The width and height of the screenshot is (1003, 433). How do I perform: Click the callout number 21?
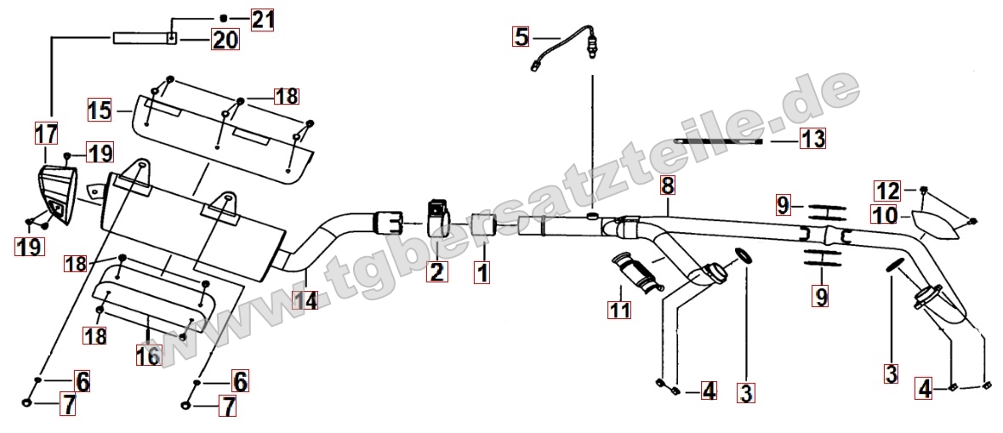tap(262, 20)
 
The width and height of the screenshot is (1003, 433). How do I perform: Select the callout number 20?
tap(225, 40)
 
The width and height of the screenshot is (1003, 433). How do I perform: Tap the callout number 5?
tap(522, 37)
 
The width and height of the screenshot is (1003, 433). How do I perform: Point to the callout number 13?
tap(812, 138)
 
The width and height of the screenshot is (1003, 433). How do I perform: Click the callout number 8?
tap(667, 186)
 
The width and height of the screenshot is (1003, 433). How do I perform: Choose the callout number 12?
tap(888, 191)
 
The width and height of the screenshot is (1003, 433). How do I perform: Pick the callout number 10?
tap(885, 215)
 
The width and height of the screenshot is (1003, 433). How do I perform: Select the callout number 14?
tap(305, 299)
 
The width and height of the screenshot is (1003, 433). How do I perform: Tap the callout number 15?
tap(100, 111)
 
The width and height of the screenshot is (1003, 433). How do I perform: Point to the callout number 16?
tap(148, 355)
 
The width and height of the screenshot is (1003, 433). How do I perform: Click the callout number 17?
tap(46, 134)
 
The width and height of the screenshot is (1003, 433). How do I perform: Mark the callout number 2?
tap(437, 272)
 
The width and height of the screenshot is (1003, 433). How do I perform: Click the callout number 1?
tap(482, 272)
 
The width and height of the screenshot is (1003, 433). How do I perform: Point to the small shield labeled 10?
tap(935, 225)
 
